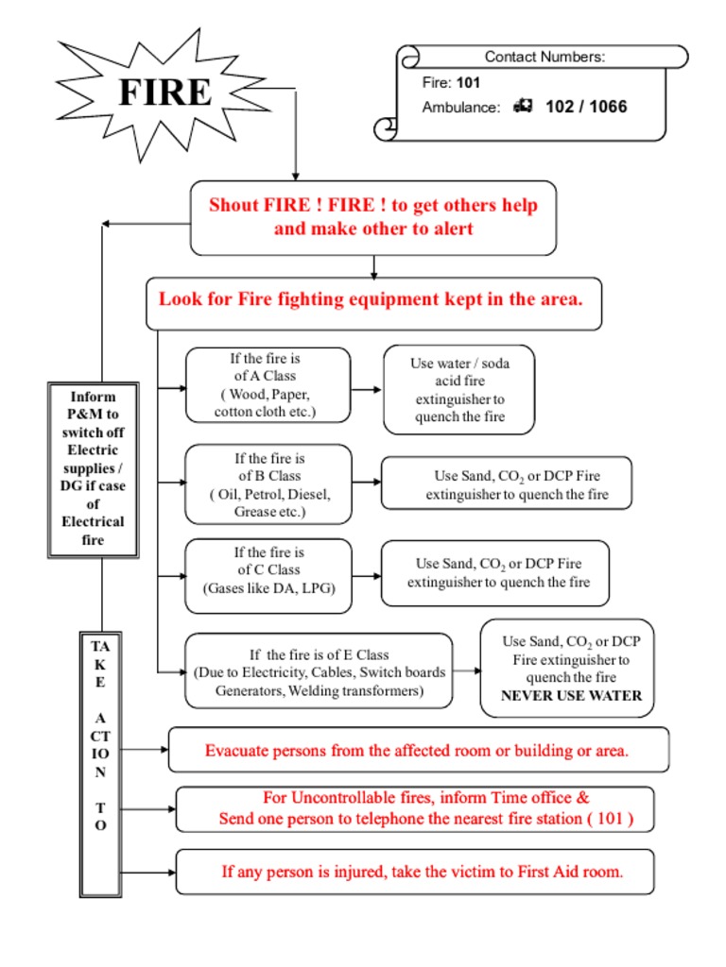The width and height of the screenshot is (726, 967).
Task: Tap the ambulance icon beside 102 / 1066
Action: (523, 107)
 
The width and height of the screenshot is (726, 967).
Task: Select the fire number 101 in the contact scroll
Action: (468, 82)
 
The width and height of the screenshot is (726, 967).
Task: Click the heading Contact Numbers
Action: (544, 57)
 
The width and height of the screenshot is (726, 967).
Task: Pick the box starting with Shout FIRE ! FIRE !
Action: (373, 217)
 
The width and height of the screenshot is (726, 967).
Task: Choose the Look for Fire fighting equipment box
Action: (373, 302)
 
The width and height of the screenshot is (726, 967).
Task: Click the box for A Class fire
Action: (268, 385)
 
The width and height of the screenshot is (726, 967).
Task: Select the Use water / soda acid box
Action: (458, 389)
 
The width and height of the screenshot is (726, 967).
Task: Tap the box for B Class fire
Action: (268, 484)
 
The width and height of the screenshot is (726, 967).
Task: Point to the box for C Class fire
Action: (268, 570)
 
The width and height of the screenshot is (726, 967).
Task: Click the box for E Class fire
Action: (319, 671)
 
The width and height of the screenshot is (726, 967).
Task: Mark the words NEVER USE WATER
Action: (571, 696)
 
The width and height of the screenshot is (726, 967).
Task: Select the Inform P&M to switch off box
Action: (94, 468)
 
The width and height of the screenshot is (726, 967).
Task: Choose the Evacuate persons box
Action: (418, 751)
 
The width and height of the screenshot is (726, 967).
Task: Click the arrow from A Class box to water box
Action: (367, 389)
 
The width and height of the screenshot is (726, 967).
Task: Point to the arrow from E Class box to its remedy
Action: (467, 671)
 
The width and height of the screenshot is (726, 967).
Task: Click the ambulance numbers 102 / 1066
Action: (586, 107)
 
